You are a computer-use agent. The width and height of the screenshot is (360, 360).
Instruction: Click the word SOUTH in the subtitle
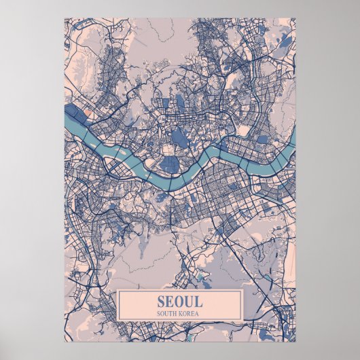point(166,313)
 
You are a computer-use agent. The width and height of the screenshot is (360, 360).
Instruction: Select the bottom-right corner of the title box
point(242,320)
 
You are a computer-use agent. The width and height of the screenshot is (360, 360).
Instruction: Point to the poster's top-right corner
point(296,18)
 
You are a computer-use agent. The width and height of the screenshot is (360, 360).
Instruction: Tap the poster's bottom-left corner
point(65,342)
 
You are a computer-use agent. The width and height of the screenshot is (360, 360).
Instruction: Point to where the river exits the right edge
point(295,139)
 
